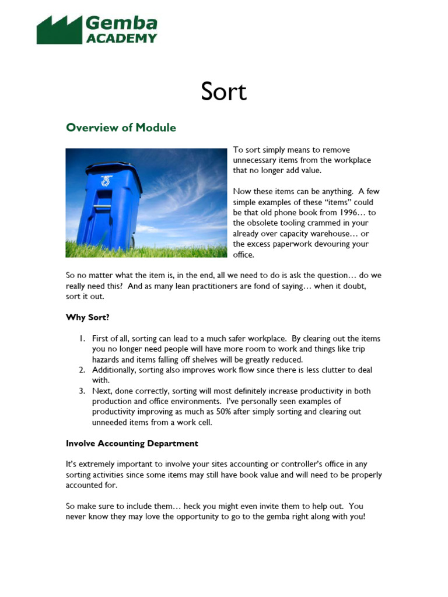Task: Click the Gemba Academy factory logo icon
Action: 59,30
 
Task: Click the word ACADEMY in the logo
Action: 121,38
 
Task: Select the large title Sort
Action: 223,92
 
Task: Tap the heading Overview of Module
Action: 121,127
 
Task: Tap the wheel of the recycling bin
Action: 133,241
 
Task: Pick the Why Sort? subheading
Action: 87,317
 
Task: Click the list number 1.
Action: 82,339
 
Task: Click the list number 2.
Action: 82,370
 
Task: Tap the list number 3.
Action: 82,391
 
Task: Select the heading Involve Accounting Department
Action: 132,443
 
